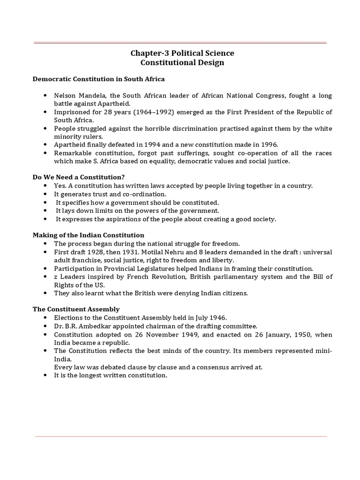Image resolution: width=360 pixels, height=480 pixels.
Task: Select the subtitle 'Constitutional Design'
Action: (182, 62)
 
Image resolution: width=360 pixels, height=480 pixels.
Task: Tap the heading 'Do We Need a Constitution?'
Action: (78, 177)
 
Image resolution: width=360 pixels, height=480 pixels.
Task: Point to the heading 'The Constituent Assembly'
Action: (76, 309)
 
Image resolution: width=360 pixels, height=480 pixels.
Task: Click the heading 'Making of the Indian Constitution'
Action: (88, 235)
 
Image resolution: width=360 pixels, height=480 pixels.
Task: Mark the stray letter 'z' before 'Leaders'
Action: (56, 277)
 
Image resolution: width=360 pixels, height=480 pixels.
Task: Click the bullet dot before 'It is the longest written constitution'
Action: (45, 375)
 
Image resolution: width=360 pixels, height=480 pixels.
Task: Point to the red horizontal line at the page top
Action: (180, 43)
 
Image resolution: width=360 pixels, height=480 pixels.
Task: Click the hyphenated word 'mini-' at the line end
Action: (323, 351)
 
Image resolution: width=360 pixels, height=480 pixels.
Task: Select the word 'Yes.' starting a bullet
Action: (61, 186)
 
